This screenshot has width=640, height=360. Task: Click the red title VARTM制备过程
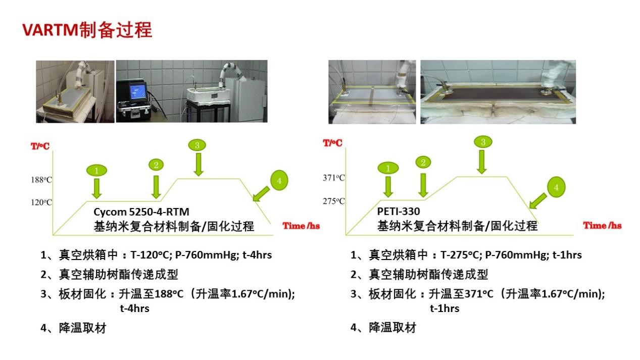[87, 30]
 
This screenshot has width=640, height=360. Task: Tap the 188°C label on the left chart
[41, 180]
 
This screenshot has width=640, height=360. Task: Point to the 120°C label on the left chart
[41, 202]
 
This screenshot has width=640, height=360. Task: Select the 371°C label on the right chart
[334, 178]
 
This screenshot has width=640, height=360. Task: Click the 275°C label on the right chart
[334, 201]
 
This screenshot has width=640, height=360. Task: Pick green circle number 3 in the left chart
[197, 145]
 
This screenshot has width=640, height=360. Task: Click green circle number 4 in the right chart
[556, 187]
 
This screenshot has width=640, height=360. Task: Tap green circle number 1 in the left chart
[96, 171]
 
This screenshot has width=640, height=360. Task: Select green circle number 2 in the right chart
[423, 163]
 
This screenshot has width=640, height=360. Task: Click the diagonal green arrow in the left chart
[261, 194]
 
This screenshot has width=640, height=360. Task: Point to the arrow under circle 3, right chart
[482, 162]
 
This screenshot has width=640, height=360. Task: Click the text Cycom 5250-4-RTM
[141, 212]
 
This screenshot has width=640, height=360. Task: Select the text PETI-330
[399, 211]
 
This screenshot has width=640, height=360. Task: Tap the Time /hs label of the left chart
[301, 226]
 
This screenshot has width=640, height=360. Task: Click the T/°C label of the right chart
[332, 143]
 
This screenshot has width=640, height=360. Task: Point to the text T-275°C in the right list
[459, 254]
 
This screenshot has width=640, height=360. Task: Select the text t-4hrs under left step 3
[134, 308]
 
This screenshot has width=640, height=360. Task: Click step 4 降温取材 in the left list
[73, 328]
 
